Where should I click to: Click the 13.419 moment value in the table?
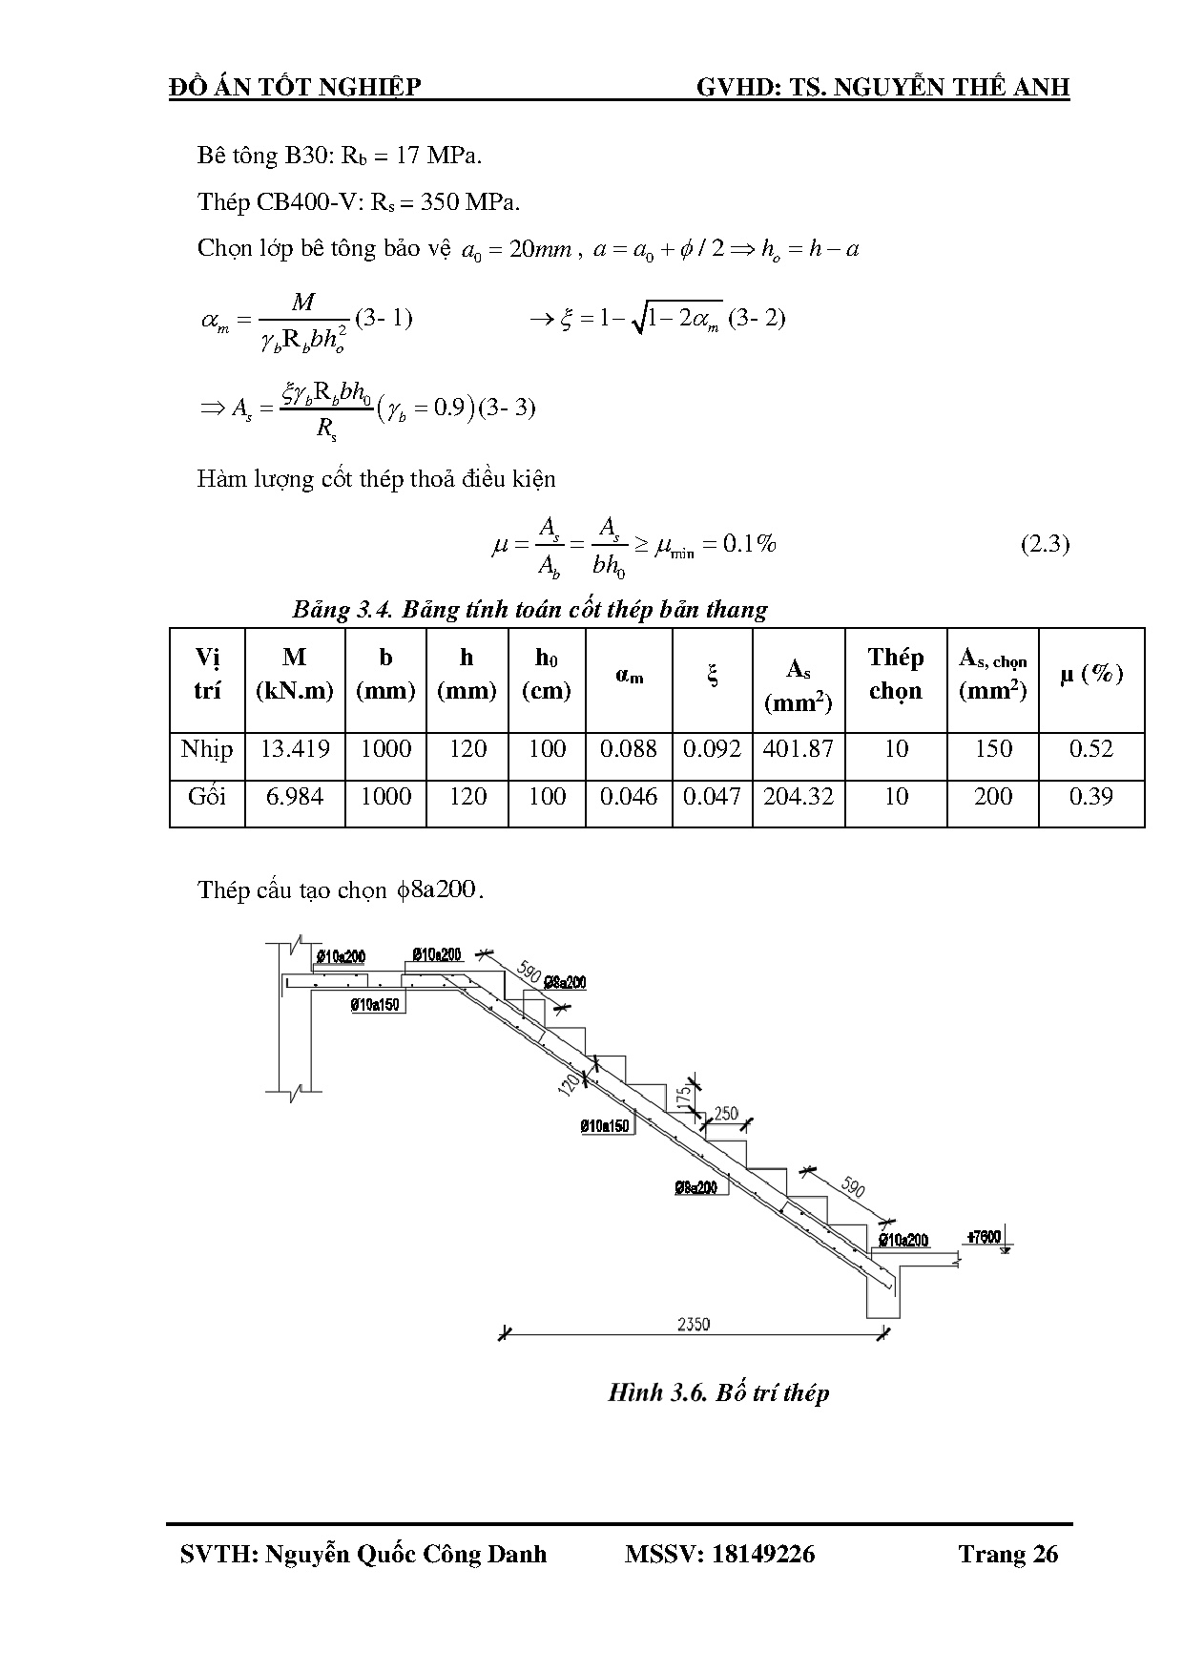(x=295, y=749)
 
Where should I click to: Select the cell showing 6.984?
(x=295, y=797)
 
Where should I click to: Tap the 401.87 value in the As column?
(x=799, y=749)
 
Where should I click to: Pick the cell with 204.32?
(x=799, y=797)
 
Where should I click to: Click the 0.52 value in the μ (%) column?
(x=1091, y=749)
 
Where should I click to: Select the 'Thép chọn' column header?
(x=896, y=674)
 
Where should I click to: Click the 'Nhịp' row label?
(x=207, y=749)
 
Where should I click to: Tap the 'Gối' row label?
(x=207, y=797)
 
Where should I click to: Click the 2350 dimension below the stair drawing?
(x=694, y=1324)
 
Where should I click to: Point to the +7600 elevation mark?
(x=984, y=1237)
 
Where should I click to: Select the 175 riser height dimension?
(x=682, y=1096)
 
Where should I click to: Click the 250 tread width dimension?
(x=726, y=1114)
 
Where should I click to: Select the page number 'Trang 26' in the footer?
(x=1008, y=1555)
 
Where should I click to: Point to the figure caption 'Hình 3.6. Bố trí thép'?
(x=718, y=1392)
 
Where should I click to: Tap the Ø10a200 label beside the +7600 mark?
(x=903, y=1240)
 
